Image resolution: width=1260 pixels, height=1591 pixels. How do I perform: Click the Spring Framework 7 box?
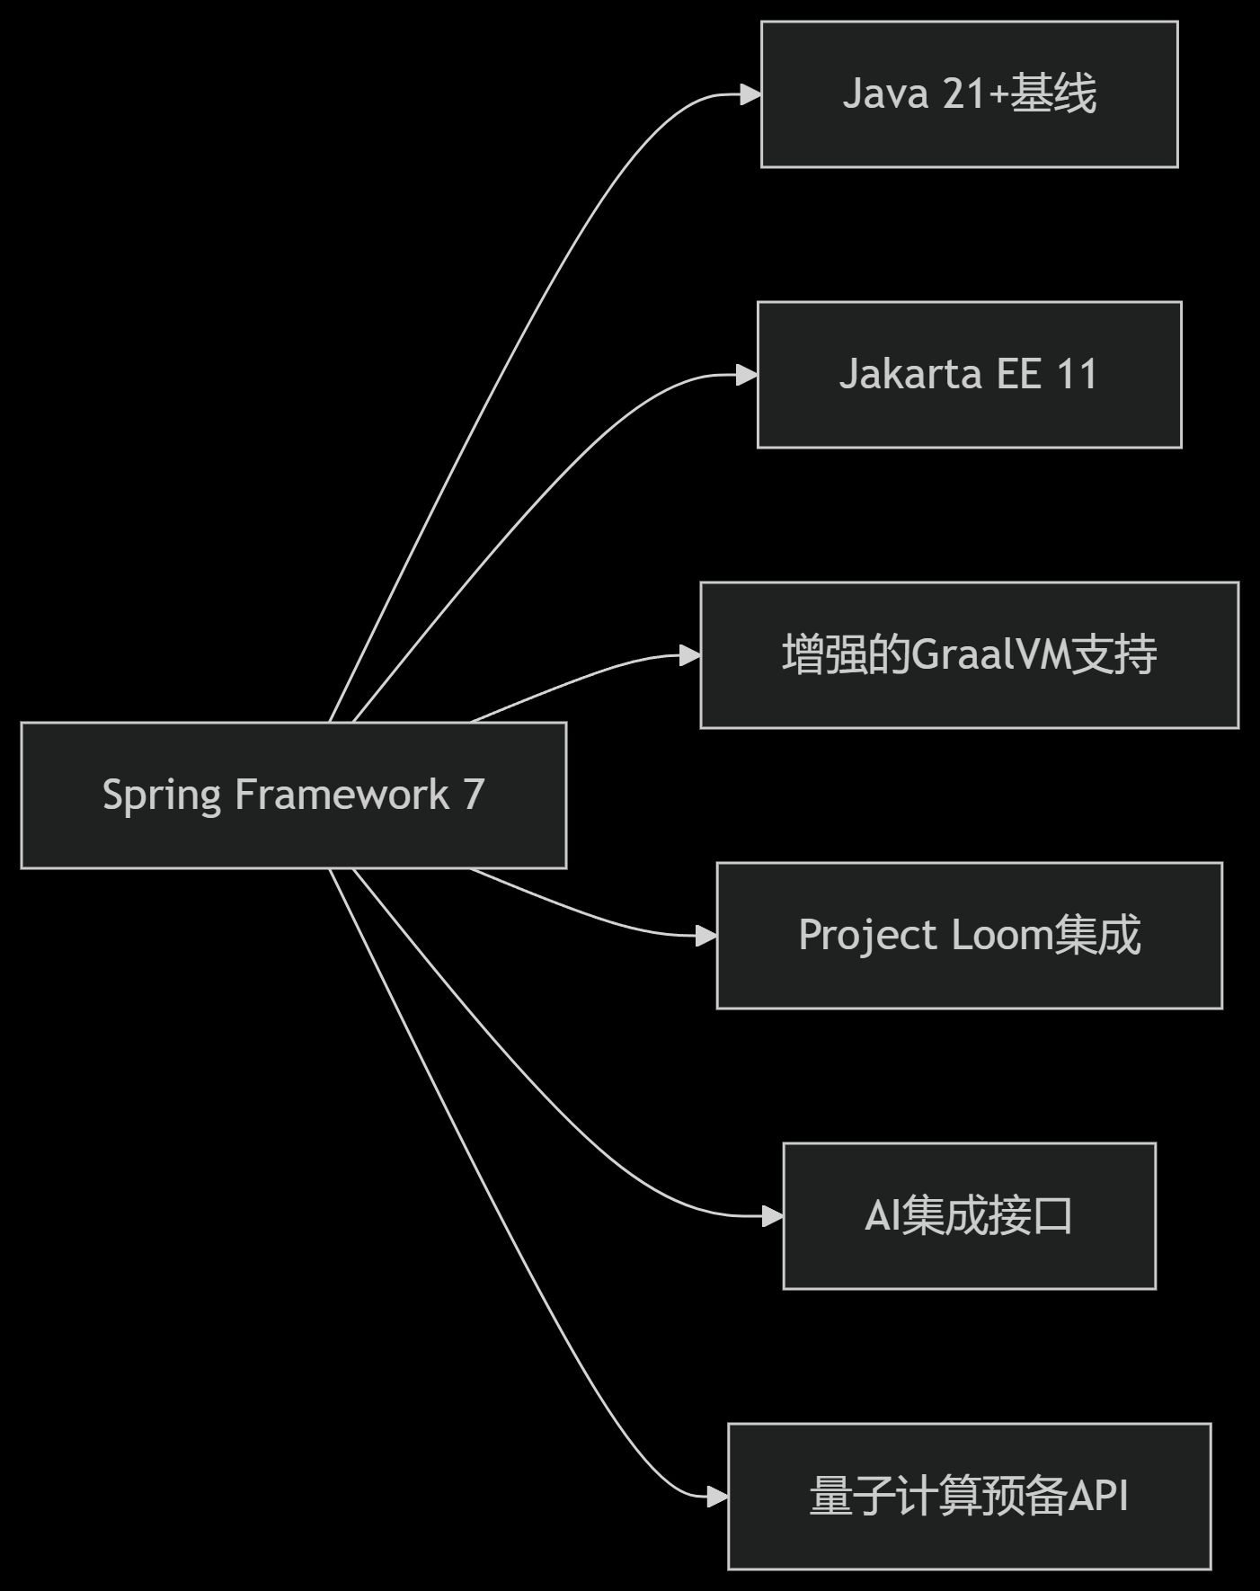293,795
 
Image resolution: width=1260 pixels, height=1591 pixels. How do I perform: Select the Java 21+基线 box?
969,94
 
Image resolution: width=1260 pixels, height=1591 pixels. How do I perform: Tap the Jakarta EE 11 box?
969,375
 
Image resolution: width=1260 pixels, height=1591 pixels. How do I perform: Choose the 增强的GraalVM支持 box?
969,655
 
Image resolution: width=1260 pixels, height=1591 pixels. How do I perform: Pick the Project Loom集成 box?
969,936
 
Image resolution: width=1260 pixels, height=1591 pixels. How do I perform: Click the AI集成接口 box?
969,1216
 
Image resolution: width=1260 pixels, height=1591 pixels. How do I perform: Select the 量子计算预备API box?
969,1497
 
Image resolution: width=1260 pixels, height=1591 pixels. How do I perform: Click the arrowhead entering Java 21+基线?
751,94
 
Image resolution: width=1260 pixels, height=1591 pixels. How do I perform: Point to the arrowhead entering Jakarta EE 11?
748,375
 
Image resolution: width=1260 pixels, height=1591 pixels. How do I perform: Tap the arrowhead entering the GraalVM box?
690,655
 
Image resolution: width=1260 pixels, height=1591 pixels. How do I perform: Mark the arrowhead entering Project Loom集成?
706,936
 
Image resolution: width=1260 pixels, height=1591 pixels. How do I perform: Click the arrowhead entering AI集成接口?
773,1216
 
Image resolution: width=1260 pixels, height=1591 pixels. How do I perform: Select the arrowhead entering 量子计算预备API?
717,1497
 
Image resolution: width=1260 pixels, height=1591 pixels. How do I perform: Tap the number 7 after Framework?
474,795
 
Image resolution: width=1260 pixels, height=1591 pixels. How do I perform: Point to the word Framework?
342,795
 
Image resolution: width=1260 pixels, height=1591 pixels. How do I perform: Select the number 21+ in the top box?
974,94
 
